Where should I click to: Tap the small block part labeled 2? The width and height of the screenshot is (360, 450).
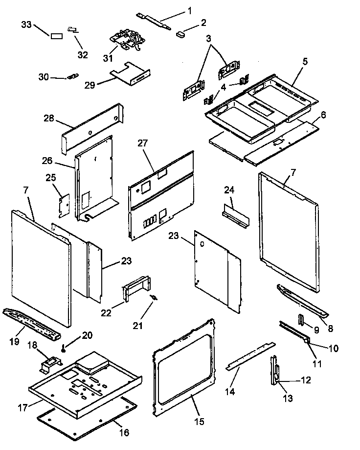click(180, 33)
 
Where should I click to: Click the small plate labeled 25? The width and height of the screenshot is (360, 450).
click(63, 205)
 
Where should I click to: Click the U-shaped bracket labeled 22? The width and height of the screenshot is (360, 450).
click(135, 288)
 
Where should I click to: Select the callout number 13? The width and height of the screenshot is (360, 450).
click(288, 399)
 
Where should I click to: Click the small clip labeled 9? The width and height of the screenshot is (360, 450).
click(301, 322)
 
